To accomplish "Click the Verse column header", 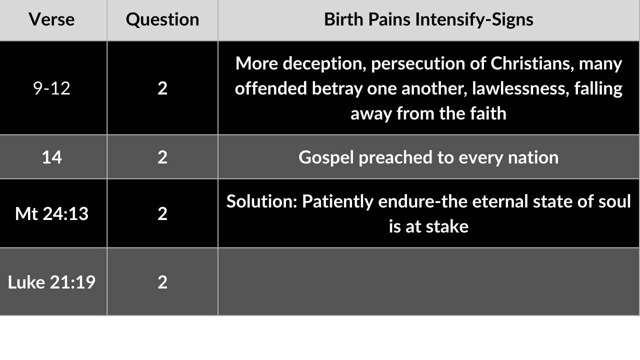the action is point(51,19).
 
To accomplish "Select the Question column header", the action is point(162,20).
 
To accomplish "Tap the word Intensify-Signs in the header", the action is point(474,20).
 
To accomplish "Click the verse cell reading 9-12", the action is point(51,88).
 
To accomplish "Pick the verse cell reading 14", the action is point(51,157).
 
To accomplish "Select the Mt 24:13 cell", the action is point(51,213).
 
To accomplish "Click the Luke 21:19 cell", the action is point(51,282).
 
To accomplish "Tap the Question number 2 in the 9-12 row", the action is point(162,88).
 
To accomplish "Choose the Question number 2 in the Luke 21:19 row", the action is point(162,282).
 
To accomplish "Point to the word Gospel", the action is point(326,157).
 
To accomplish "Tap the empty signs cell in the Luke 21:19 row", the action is point(428,281).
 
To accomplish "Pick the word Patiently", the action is point(337,201).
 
